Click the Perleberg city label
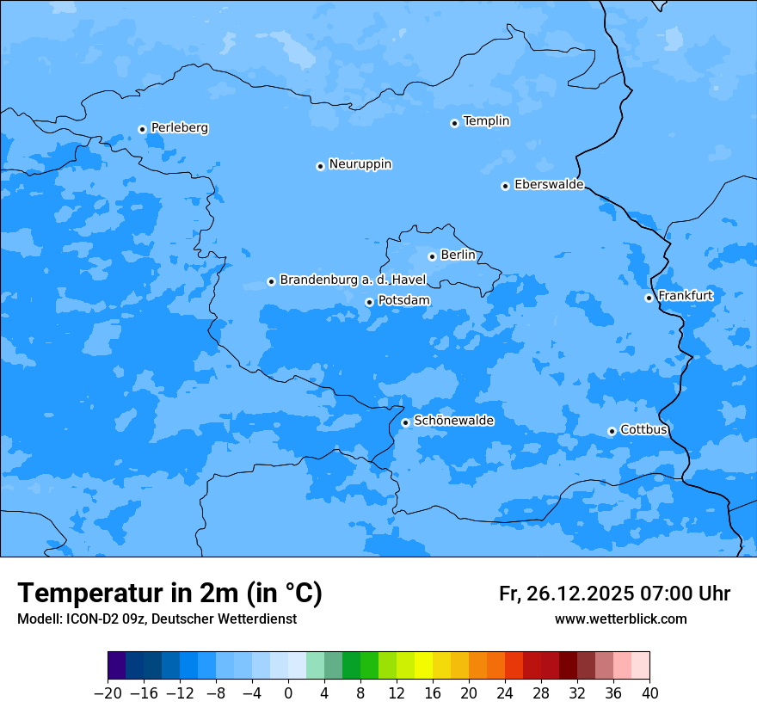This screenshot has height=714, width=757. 179,128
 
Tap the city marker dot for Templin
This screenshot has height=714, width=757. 454,123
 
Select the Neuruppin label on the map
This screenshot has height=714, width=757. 360,164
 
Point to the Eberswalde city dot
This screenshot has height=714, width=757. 505,186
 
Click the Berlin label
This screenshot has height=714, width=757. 458,255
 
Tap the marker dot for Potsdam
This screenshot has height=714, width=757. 369,302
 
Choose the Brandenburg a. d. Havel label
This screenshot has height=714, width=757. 353,280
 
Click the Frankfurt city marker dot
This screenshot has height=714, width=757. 649,298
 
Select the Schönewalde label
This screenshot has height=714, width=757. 453,421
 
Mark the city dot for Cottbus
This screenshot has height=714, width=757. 612,431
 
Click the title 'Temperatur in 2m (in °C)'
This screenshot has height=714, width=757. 169,594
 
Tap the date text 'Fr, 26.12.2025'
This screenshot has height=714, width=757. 566,594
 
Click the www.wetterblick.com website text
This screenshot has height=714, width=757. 620,619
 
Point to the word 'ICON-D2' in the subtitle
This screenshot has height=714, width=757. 86,619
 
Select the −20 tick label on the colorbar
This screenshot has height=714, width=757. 108,693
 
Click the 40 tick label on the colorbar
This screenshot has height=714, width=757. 649,693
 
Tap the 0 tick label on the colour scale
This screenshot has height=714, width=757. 288,693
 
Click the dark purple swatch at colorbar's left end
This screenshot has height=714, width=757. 116,666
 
